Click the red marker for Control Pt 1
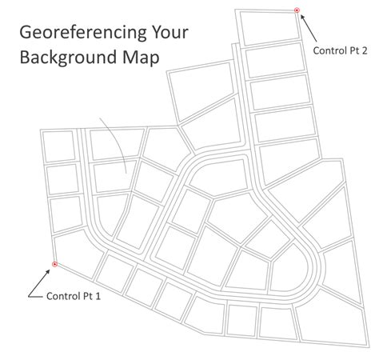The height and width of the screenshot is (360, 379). (54, 264)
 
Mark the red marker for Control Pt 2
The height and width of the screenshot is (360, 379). (297, 10)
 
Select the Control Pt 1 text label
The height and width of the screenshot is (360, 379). (74, 295)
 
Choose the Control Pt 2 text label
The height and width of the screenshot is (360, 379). (340, 50)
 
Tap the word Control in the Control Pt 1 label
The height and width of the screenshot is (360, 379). (62, 295)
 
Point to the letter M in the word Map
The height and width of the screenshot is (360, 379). (135, 58)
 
